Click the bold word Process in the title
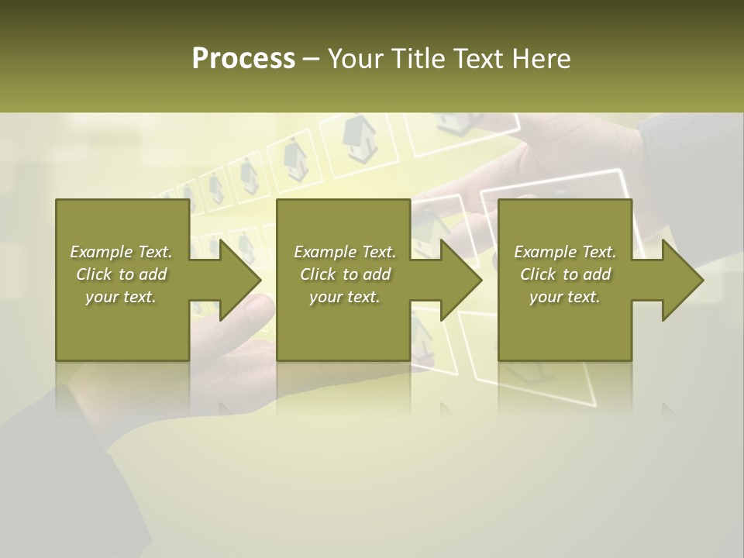(x=243, y=59)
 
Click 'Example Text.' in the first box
(x=121, y=252)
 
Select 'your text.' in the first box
(x=121, y=297)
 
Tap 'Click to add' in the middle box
(x=345, y=274)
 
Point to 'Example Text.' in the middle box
(x=345, y=252)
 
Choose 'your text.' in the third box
(x=565, y=297)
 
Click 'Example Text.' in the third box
(x=565, y=252)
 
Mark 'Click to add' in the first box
(x=121, y=274)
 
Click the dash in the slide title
(x=311, y=59)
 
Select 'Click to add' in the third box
(x=565, y=274)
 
